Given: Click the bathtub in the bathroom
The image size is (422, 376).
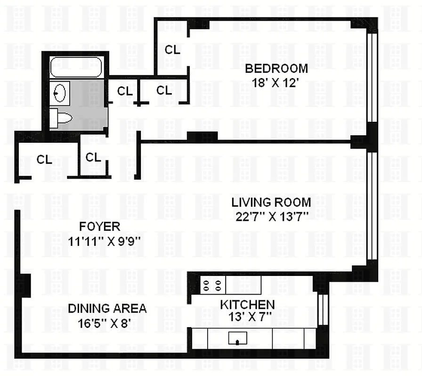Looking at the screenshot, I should [76, 67].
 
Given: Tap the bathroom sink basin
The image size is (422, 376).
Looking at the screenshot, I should [60, 92].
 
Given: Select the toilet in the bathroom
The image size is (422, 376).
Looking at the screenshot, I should [61, 117].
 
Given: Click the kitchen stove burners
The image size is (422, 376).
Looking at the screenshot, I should [212, 284].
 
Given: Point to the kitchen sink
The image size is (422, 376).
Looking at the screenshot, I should [238, 338].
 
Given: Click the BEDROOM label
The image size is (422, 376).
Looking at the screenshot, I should [276, 69].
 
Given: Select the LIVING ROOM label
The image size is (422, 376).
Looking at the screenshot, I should [271, 203].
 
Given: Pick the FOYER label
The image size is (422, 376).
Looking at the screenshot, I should [99, 227].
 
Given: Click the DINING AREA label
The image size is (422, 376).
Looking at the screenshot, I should [107, 309].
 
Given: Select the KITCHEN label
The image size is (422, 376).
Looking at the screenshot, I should [247, 305].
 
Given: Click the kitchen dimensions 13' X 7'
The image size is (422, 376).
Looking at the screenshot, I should [247, 318].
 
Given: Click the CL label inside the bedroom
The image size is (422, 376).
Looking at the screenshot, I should [172, 49].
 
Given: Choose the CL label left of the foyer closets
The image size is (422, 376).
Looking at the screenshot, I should [44, 159].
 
